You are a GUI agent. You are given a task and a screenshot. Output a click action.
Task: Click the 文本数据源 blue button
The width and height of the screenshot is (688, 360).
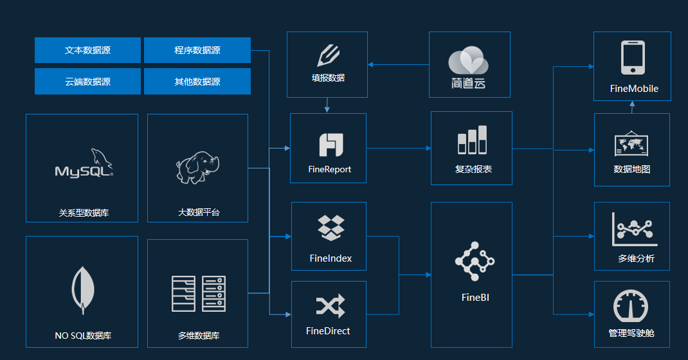click(x=87, y=50)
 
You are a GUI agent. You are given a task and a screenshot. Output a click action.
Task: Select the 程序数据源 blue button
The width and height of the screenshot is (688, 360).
click(x=197, y=50)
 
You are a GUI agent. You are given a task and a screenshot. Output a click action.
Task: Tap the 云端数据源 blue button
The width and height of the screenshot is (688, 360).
click(x=87, y=82)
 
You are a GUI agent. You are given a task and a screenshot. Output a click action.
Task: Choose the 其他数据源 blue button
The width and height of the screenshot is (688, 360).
click(x=197, y=82)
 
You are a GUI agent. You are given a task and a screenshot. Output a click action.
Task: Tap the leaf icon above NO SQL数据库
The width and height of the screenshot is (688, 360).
click(x=83, y=289)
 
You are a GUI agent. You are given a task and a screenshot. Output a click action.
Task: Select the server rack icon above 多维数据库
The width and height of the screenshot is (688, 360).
click(x=198, y=294)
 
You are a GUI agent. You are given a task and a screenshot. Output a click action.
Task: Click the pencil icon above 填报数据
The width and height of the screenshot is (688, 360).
click(x=328, y=55)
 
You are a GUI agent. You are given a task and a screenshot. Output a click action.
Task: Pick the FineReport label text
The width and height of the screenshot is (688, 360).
click(x=329, y=170)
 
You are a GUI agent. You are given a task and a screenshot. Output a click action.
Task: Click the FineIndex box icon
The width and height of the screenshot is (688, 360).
click(x=330, y=228)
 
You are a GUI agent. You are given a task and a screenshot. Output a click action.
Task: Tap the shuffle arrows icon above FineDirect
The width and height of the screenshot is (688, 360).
click(x=330, y=307)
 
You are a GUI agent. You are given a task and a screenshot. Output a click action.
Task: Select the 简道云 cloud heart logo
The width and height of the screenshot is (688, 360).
click(x=468, y=62)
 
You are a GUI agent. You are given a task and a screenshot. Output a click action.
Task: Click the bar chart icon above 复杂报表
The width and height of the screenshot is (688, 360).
click(x=472, y=140)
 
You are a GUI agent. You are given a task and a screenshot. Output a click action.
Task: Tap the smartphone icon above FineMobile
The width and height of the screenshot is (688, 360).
click(x=633, y=58)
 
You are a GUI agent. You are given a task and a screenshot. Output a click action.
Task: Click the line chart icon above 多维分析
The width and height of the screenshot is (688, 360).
click(x=634, y=230)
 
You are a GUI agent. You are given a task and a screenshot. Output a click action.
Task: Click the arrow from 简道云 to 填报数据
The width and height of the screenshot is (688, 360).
click(x=399, y=64)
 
